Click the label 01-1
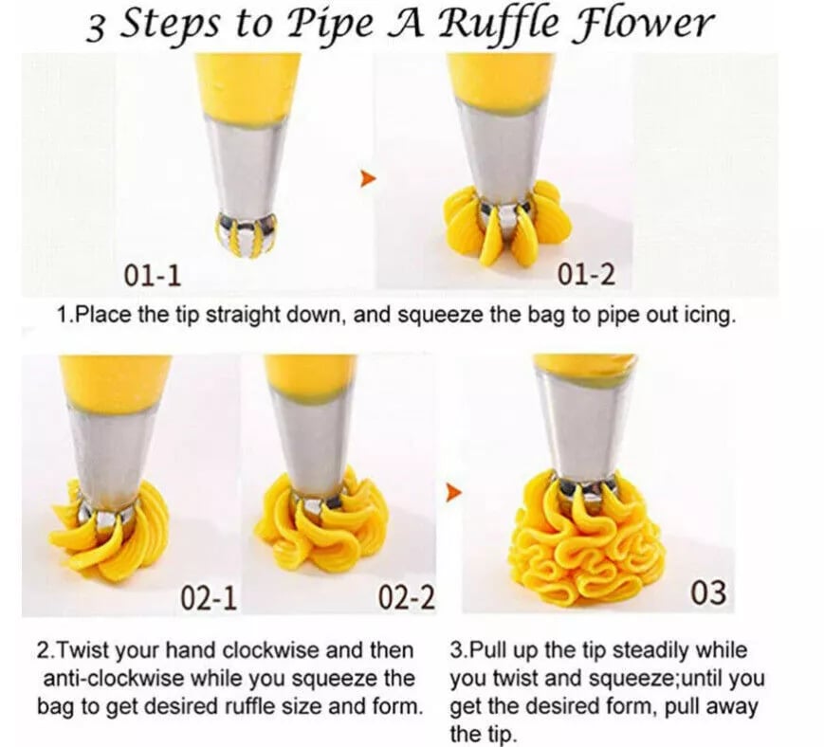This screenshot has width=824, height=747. pyautogui.click(x=153, y=276)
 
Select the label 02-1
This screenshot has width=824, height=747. pyautogui.click(x=208, y=598)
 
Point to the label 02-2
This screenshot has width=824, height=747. pyautogui.click(x=406, y=597)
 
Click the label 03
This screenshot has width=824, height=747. pyautogui.click(x=707, y=593)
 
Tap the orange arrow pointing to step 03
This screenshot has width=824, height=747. pyautogui.click(x=454, y=492)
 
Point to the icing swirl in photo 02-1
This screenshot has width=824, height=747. pyautogui.click(x=109, y=531)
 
